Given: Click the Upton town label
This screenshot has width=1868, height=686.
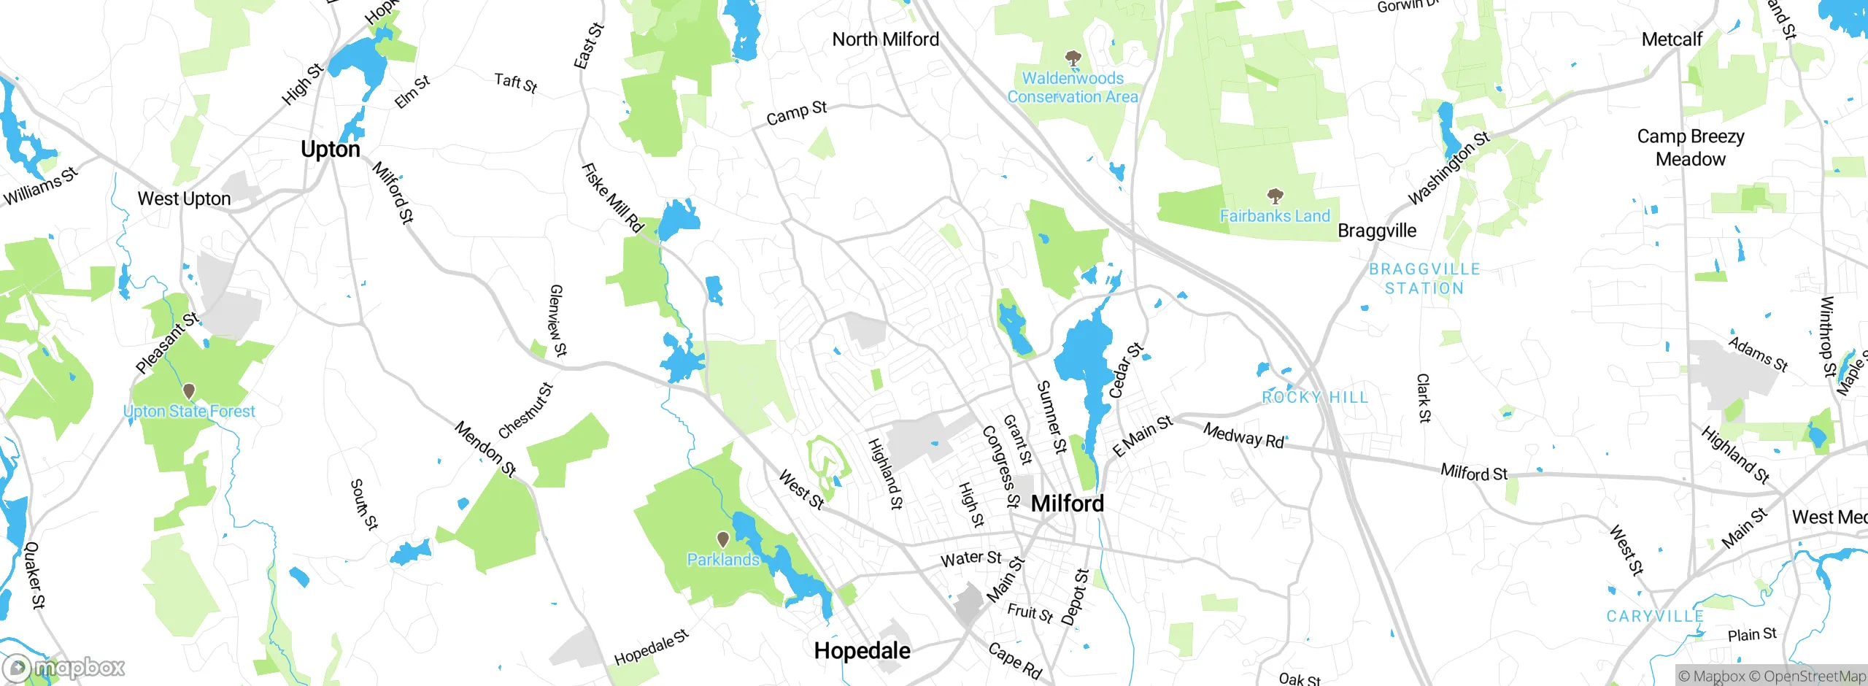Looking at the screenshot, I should point(331,149).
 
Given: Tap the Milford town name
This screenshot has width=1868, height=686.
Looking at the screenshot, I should point(1067,503).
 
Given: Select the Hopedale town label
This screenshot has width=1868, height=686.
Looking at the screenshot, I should point(862,650).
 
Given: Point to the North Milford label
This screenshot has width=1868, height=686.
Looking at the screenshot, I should point(885,39).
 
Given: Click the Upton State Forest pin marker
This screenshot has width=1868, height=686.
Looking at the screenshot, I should point(189,392).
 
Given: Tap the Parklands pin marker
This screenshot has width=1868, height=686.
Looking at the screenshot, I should point(722,540).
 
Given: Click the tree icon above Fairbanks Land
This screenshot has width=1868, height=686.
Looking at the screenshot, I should point(1275,196).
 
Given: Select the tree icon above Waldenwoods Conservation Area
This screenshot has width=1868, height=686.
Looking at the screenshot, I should point(1073,58).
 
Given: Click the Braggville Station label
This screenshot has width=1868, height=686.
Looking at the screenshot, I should point(1424,279).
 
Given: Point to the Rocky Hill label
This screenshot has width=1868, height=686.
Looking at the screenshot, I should point(1315,397).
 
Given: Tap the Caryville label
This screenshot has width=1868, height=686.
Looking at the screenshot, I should point(1655,616).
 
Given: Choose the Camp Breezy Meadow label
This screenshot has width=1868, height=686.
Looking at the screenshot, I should point(1691,147).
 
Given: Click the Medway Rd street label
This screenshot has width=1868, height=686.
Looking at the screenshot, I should point(1243,436).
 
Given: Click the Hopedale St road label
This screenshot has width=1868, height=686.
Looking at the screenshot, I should point(651,648).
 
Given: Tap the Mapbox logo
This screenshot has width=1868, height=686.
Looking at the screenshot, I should point(64,667).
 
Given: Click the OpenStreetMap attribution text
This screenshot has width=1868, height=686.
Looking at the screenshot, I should point(1814,677).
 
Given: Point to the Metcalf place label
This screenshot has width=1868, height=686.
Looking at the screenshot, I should point(1672,39).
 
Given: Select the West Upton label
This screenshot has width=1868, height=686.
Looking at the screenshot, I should point(184,199).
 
